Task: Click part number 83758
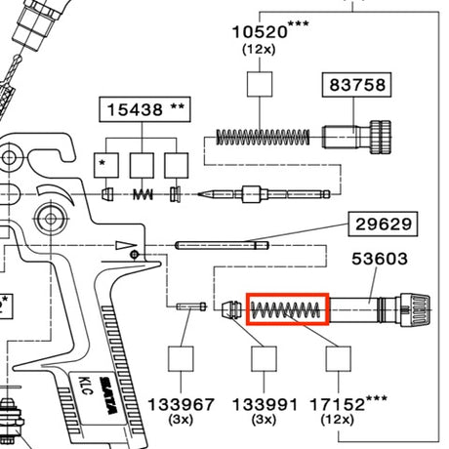point(357,85)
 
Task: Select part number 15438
point(135,109)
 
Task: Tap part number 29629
point(384,224)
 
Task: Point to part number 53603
point(380,259)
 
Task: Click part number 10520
point(260,32)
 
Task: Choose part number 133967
point(181,405)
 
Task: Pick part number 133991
point(265,405)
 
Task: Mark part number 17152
point(337,405)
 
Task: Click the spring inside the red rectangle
point(286,309)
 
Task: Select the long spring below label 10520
point(263,137)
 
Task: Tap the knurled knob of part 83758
point(380,137)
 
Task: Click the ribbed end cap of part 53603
point(415,309)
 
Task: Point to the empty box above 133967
point(181,359)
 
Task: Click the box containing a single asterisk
point(106,165)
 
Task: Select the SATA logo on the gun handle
point(108,395)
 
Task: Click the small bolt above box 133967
point(191,306)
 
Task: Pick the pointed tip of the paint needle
point(198,194)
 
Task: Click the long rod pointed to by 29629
point(222,245)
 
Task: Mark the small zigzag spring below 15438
point(143,194)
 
